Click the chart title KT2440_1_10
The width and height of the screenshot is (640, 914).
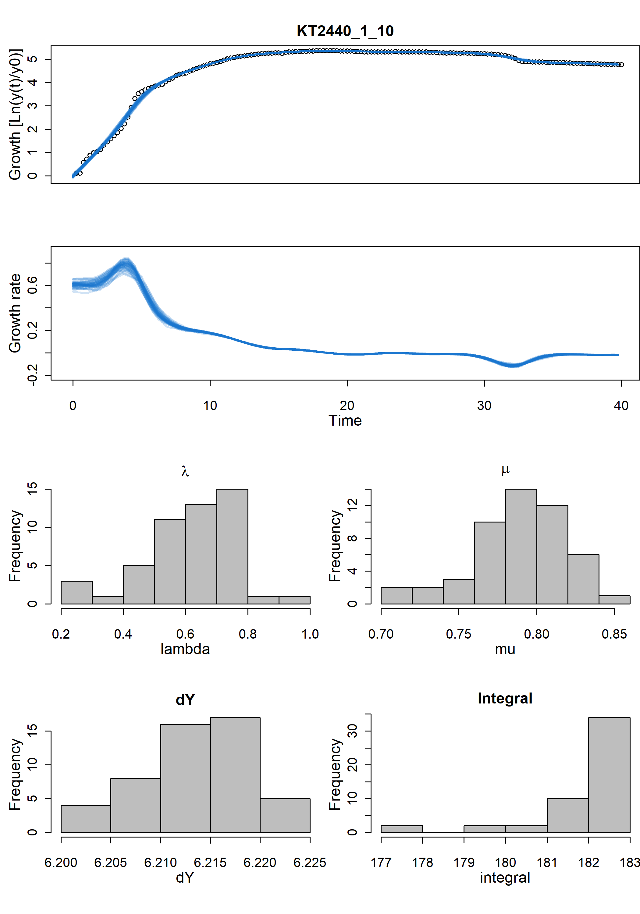(x=345, y=31)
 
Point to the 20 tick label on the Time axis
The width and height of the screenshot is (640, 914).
(x=347, y=406)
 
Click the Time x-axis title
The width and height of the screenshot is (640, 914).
(x=345, y=421)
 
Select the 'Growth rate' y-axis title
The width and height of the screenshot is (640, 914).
(x=15, y=313)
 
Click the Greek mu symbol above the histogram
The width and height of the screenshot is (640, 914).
(x=505, y=469)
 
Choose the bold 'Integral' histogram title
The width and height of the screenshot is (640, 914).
(x=505, y=698)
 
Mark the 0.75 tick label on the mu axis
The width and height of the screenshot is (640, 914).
(x=458, y=634)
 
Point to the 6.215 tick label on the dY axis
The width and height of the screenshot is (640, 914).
(x=210, y=862)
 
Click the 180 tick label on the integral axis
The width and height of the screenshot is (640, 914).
(x=505, y=862)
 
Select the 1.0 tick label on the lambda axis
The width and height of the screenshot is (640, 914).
(x=310, y=634)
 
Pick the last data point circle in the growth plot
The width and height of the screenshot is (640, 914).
(x=621, y=65)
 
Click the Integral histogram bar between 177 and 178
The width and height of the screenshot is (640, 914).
(x=401, y=829)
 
